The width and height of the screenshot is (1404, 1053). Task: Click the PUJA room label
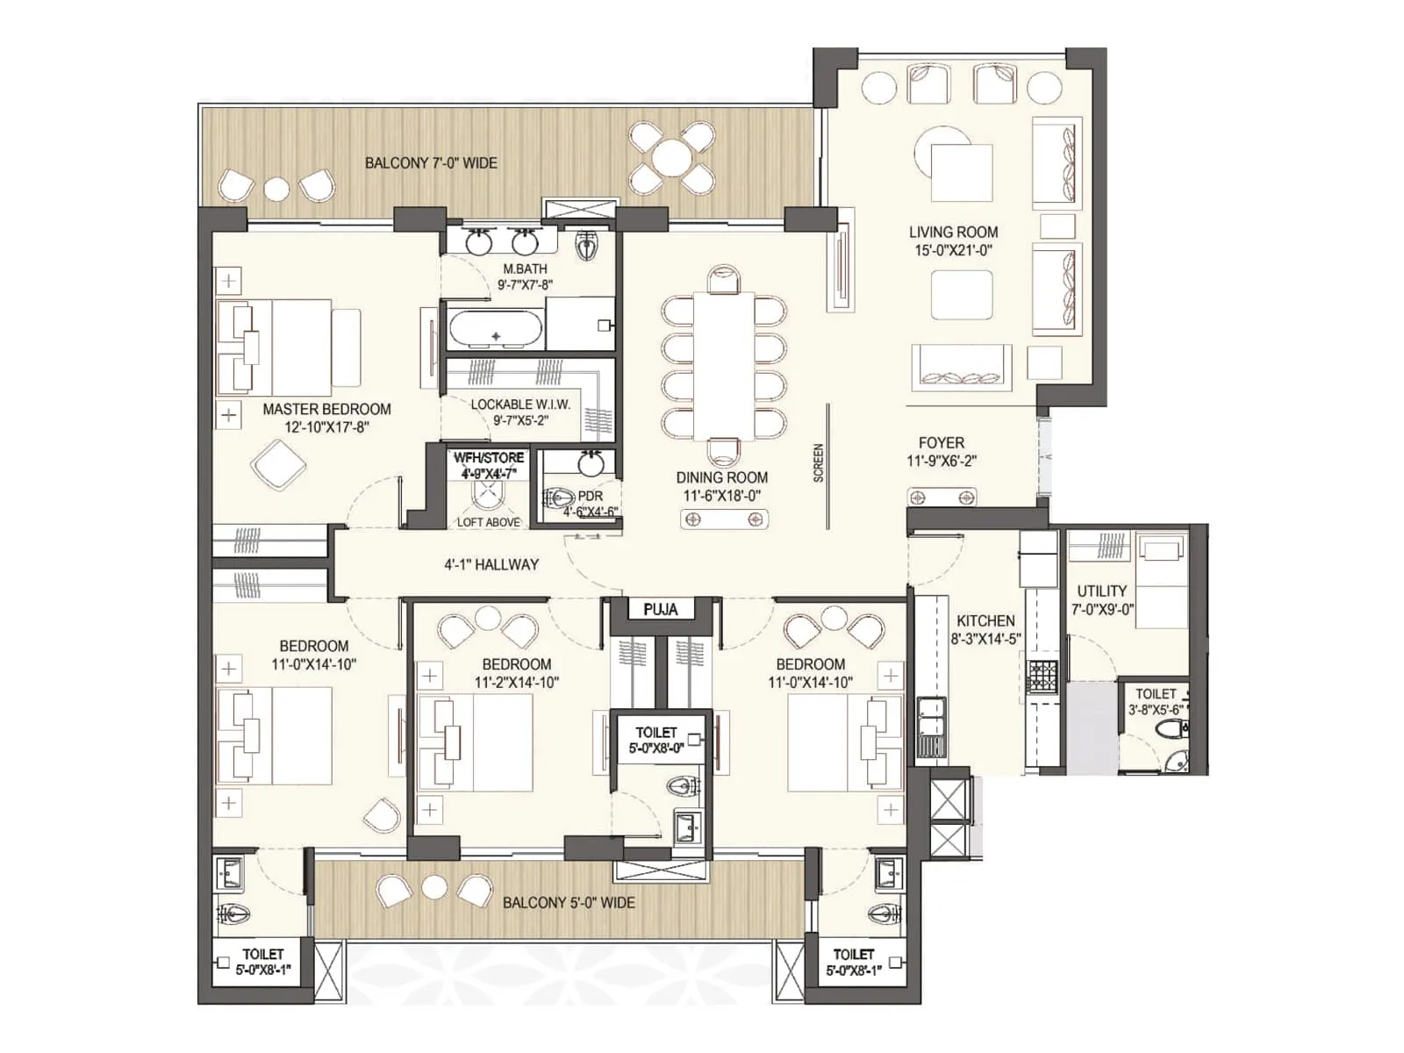point(660,609)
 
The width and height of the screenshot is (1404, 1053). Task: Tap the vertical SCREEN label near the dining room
point(818,462)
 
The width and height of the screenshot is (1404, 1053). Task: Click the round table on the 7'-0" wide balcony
point(672,159)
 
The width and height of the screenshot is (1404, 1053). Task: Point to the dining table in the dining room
point(724,365)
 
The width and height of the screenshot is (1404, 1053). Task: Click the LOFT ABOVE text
point(489,522)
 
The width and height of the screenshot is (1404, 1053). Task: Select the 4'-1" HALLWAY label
point(491,564)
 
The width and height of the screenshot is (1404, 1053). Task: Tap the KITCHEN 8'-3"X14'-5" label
point(986,629)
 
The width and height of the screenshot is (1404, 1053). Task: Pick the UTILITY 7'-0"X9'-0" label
point(1102,599)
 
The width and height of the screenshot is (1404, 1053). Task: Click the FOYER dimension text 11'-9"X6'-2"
point(942,461)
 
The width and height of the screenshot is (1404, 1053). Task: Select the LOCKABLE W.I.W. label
point(520,412)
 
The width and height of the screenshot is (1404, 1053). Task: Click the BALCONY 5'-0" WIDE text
point(569,902)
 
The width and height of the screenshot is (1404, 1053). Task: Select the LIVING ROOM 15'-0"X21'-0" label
point(953,240)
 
